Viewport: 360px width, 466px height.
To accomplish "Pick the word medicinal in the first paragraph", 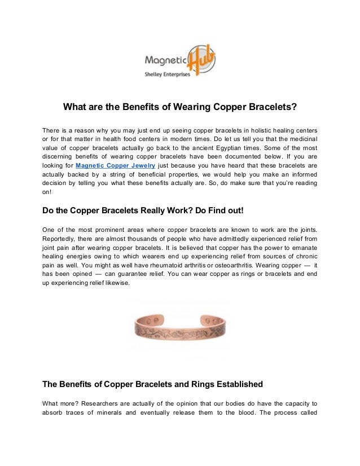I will click(x=301, y=139).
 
